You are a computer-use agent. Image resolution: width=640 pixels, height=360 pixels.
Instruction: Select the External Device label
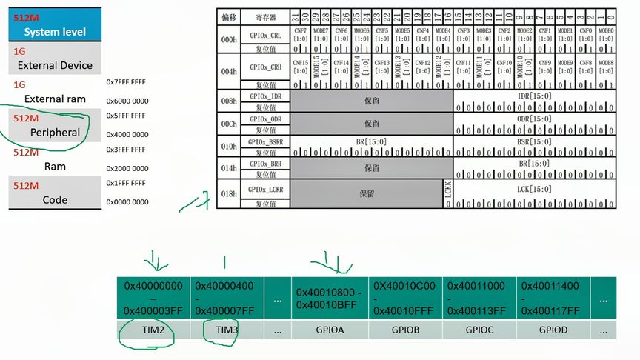click(55, 65)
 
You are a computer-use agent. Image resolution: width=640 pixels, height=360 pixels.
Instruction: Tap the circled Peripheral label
click(55, 132)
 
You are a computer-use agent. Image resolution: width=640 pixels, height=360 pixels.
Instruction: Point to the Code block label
click(55, 199)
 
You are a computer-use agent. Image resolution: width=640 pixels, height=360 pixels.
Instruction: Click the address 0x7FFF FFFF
click(126, 82)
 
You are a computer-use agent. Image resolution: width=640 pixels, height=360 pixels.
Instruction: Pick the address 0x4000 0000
click(126, 135)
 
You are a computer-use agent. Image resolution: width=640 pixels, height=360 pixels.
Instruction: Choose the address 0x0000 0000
click(126, 202)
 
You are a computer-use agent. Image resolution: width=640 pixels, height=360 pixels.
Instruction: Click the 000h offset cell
click(228, 39)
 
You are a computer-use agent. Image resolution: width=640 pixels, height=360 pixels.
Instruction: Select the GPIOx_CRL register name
click(266, 35)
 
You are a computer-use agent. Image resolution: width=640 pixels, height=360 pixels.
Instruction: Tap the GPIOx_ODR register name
click(266, 119)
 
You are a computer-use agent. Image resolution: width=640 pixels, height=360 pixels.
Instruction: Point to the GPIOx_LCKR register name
click(266, 190)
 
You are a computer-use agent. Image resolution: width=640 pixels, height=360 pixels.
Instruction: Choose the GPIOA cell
click(330, 330)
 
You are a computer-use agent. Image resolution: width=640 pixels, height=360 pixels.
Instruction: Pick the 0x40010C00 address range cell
click(404, 298)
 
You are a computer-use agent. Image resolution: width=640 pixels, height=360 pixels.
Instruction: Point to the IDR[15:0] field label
click(534, 97)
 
